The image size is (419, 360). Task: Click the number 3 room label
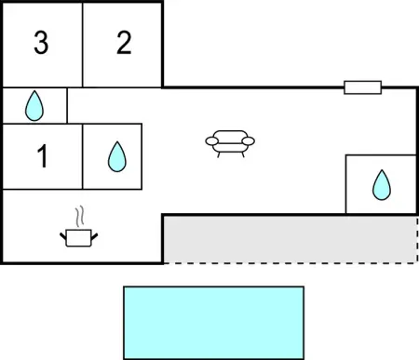pyautogui.click(x=40, y=44)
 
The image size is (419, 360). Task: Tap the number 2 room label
pyautogui.click(x=124, y=44)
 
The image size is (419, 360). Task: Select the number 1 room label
pyautogui.click(x=41, y=157)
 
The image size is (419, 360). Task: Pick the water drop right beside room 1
pyautogui.click(x=116, y=156)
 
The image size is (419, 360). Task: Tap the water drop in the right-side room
pyautogui.click(x=381, y=185)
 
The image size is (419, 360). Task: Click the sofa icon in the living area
pyautogui.click(x=229, y=142)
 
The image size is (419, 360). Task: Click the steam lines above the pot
pyautogui.click(x=81, y=217)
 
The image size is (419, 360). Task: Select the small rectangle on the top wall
pyautogui.click(x=362, y=87)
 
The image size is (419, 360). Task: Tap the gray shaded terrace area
pyautogui.click(x=289, y=238)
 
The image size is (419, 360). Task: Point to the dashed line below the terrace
pyautogui.click(x=289, y=262)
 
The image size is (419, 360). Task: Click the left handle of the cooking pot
pyautogui.click(x=63, y=235)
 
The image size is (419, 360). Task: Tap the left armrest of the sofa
pyautogui.click(x=210, y=141)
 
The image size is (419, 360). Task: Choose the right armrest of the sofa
pyautogui.click(x=249, y=141)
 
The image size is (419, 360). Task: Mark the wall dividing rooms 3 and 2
pyautogui.click(x=83, y=44)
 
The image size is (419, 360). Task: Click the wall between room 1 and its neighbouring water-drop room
pyautogui.click(x=83, y=156)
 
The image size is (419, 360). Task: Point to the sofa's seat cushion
pyautogui.click(x=229, y=146)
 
